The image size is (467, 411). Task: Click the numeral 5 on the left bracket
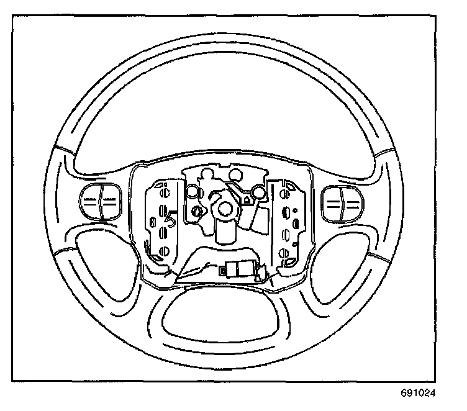[172, 216]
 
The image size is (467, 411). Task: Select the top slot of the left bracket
[165, 189]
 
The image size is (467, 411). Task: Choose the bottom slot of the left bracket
[165, 252]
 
